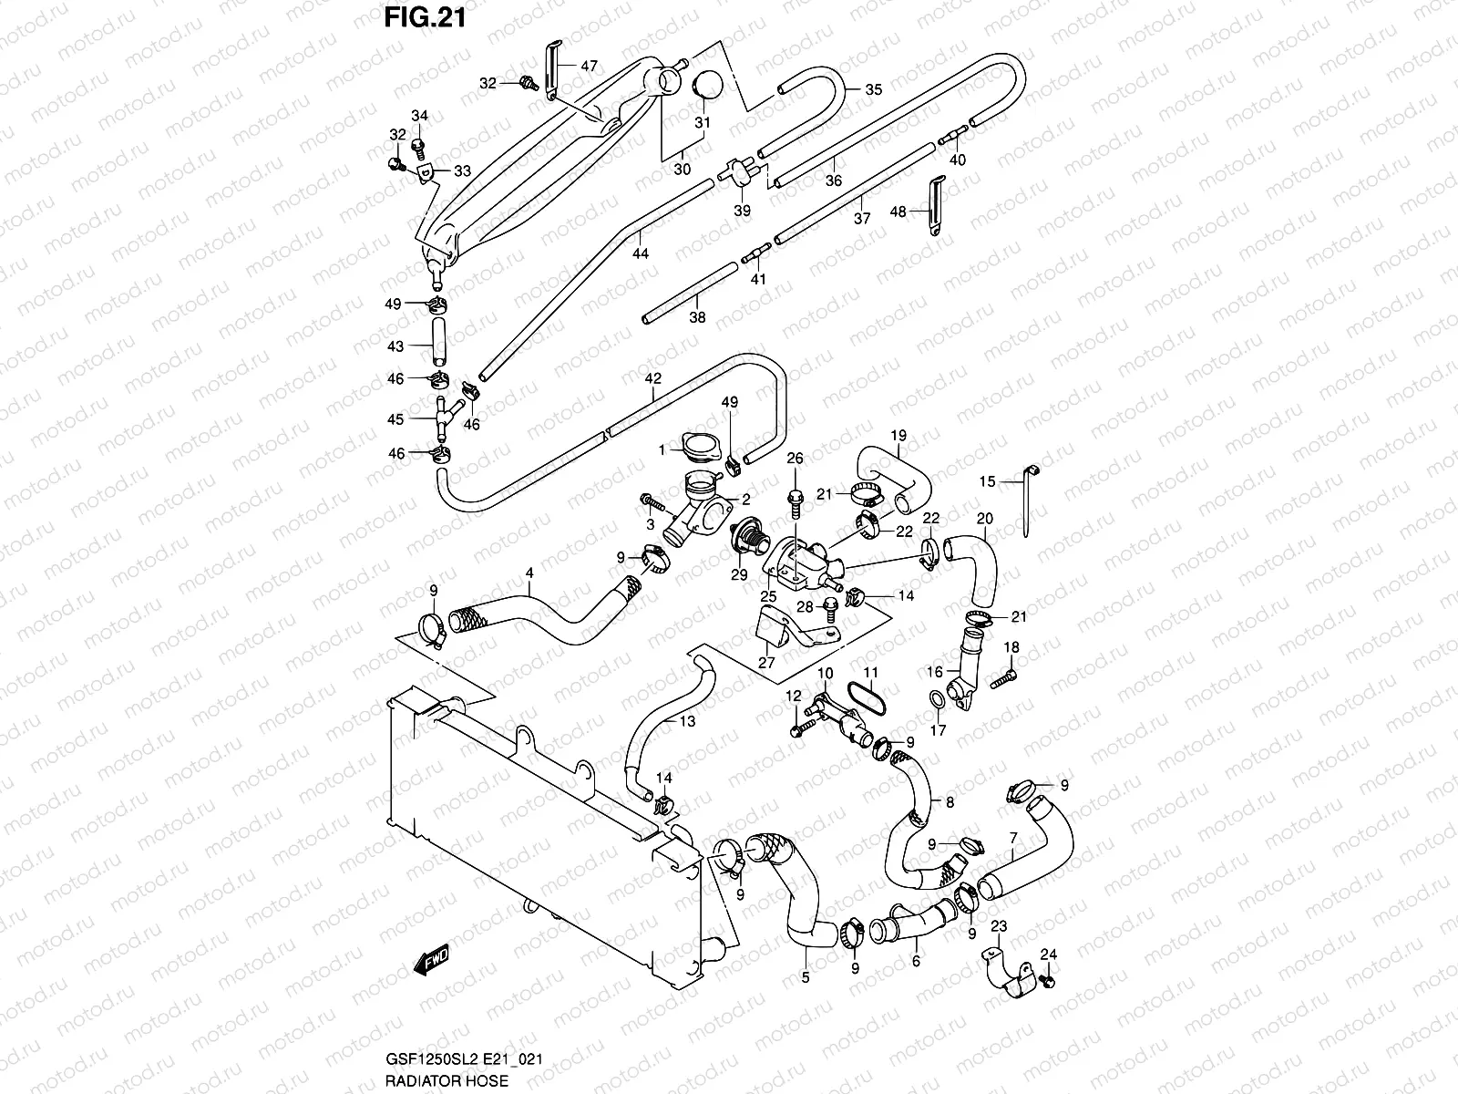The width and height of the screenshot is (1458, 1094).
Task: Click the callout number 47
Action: [x=589, y=66]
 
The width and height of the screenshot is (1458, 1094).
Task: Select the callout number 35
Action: [x=873, y=89]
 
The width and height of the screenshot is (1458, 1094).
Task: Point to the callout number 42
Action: [x=652, y=377]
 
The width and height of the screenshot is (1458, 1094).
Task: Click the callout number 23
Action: [x=998, y=927]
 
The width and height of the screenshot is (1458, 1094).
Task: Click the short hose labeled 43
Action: [x=436, y=346]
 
